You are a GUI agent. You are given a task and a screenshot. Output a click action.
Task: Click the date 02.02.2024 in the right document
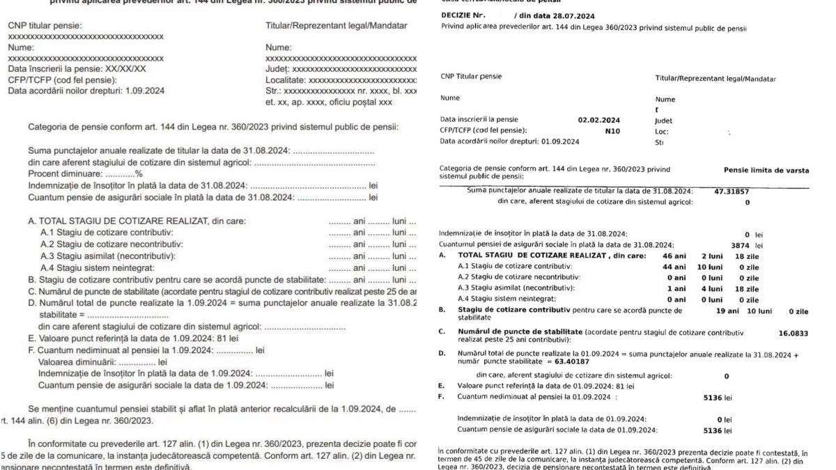[598, 120]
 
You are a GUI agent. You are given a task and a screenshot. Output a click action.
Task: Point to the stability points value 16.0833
[793, 334]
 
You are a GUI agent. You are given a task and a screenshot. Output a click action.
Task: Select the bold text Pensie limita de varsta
[766, 171]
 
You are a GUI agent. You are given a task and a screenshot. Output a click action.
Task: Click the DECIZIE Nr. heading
[463, 15]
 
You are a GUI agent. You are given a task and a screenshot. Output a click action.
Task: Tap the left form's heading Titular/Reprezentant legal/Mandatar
[336, 26]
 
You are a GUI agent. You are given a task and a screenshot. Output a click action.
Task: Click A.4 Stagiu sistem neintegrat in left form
[97, 267]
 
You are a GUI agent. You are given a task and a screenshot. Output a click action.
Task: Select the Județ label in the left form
[277, 70]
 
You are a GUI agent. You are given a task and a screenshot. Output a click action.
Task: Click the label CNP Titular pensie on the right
[471, 77]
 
